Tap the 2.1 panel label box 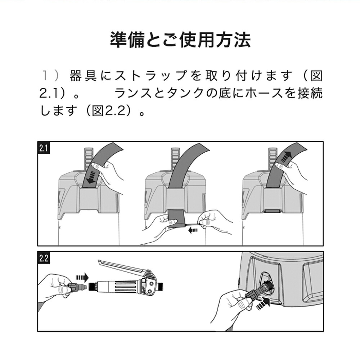44,148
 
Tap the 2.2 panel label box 44,258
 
